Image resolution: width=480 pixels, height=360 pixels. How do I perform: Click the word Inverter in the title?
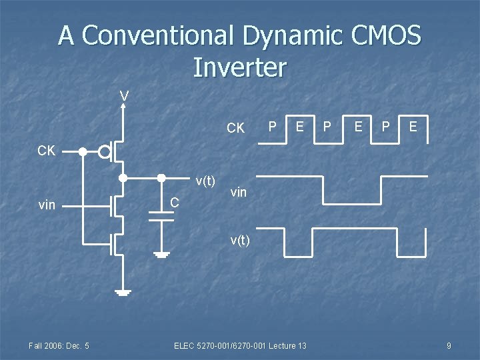click(239, 67)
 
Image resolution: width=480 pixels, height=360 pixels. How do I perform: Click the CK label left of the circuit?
click(46, 151)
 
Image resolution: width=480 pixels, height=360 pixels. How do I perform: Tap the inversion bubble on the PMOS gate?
click(105, 152)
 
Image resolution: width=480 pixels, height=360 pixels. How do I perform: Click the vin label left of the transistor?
click(47, 205)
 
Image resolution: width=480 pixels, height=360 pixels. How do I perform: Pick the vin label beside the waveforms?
click(238, 193)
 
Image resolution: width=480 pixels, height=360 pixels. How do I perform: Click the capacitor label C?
click(173, 202)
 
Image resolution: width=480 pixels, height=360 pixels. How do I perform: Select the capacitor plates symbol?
click(161, 216)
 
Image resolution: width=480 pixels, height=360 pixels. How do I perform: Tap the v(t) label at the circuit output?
click(205, 181)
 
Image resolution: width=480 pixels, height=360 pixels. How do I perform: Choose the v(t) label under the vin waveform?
click(240, 241)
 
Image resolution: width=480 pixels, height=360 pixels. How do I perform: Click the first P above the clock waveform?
click(272, 126)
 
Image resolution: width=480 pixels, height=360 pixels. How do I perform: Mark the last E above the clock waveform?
click(413, 126)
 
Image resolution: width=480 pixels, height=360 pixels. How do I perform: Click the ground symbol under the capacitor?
click(161, 254)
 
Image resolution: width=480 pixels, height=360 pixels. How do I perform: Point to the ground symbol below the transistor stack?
click(123, 292)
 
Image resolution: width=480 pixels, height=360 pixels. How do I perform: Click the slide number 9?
click(449, 345)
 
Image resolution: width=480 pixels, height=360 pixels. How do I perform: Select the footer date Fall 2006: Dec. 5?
click(59, 345)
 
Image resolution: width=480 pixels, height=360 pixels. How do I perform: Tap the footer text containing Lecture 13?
click(240, 345)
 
